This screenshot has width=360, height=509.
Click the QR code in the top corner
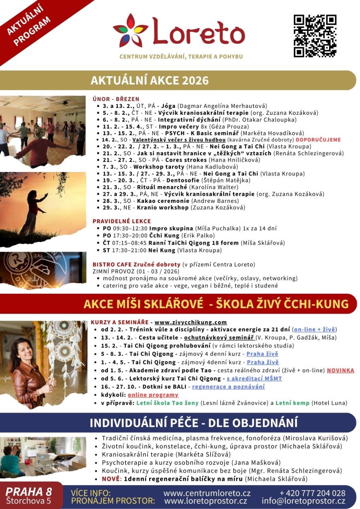315,36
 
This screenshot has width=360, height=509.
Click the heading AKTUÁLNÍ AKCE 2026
150,81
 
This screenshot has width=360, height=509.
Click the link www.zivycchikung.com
190,322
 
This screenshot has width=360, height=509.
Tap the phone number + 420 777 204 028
312,493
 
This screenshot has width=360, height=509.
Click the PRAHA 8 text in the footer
29,492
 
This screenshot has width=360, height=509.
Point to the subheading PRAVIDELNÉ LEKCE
121,221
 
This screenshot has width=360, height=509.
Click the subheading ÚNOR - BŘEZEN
116,99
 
